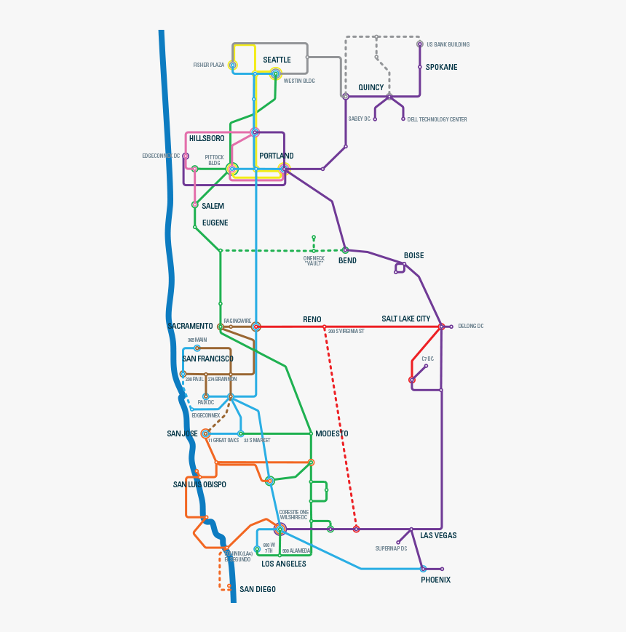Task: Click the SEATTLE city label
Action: pos(277,60)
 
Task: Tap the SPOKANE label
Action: pos(441,67)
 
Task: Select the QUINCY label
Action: pos(371,87)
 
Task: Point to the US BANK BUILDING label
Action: pos(448,44)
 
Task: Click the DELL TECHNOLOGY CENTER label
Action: pos(437,119)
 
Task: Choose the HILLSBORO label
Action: pos(207,138)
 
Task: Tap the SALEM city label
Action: pos(213,206)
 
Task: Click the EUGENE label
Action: pos(215,223)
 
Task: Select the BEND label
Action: pos(347,260)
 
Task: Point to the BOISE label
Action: pos(413,255)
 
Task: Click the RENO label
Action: pos(312,319)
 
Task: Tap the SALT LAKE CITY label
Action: pos(405,319)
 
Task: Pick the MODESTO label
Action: pos(331,433)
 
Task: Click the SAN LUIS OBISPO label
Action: pos(199,484)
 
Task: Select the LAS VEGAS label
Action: pos(438,535)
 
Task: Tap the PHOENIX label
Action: pos(435,580)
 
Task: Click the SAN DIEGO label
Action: pos(258,589)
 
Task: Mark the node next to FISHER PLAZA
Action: pos(233,65)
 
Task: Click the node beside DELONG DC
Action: pos(451,327)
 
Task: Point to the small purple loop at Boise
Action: pos(400,268)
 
